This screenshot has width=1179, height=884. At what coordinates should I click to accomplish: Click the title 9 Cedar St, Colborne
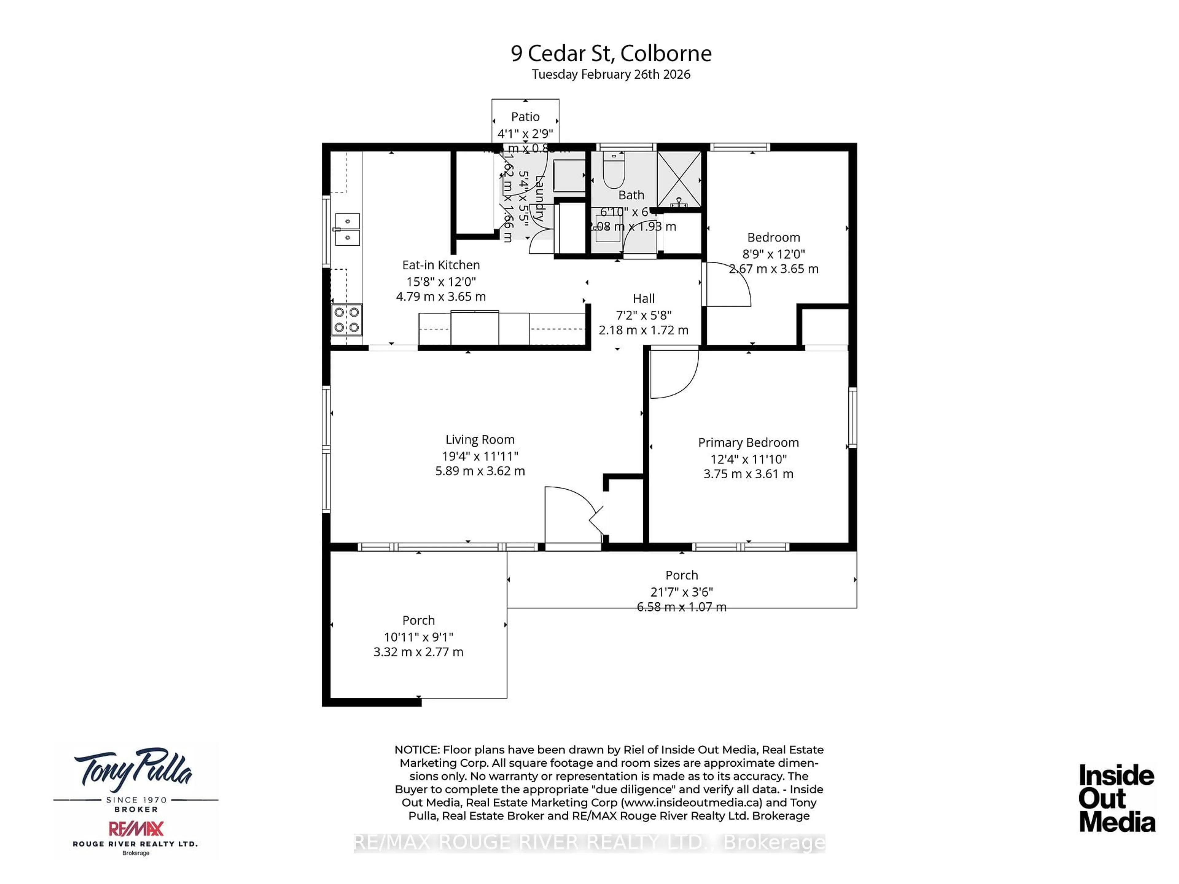coord(611,53)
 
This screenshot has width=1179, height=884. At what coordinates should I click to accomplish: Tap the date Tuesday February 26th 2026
coord(611,74)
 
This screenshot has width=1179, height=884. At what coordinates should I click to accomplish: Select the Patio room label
coord(525,116)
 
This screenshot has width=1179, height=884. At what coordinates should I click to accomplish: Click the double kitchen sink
coord(347,229)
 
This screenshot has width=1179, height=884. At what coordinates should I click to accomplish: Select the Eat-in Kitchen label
coord(441,265)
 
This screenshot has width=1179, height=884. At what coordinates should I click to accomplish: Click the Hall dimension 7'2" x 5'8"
coord(643,315)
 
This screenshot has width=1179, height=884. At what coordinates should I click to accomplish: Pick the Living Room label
coord(480,439)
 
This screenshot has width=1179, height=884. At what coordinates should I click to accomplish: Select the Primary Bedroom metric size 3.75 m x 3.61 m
coord(748,474)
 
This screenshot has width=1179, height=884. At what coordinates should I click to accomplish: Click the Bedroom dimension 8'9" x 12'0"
coord(773,254)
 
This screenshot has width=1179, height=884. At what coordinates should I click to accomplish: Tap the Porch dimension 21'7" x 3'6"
coord(681,592)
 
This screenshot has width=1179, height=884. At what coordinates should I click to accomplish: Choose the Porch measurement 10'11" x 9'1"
coord(418,637)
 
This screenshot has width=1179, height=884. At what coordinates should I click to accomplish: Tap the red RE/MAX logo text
coord(136,828)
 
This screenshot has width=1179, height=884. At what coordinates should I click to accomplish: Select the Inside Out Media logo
coord(1117,798)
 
